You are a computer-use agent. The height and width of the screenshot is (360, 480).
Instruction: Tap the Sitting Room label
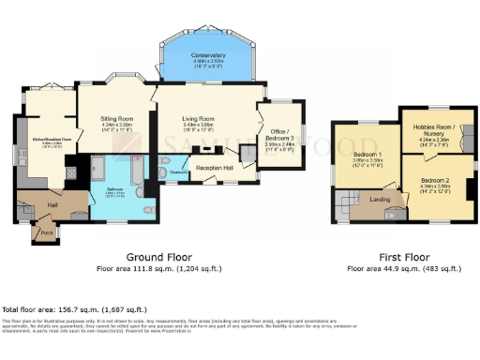119,119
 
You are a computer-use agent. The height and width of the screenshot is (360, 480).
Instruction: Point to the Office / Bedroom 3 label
279,134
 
